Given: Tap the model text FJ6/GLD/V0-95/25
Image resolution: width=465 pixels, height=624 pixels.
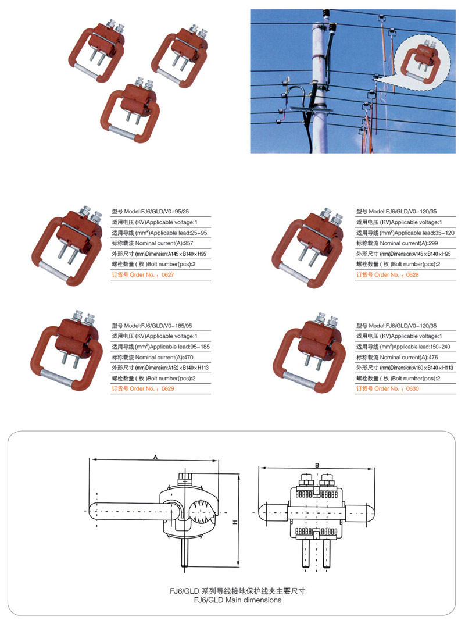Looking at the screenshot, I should click(155, 212).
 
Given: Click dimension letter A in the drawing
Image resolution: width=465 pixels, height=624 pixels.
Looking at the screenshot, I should click(156, 457).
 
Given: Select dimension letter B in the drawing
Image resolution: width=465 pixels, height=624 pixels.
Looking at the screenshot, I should click(317, 465).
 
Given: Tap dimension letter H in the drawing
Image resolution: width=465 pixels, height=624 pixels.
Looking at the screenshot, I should click(235, 523).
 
